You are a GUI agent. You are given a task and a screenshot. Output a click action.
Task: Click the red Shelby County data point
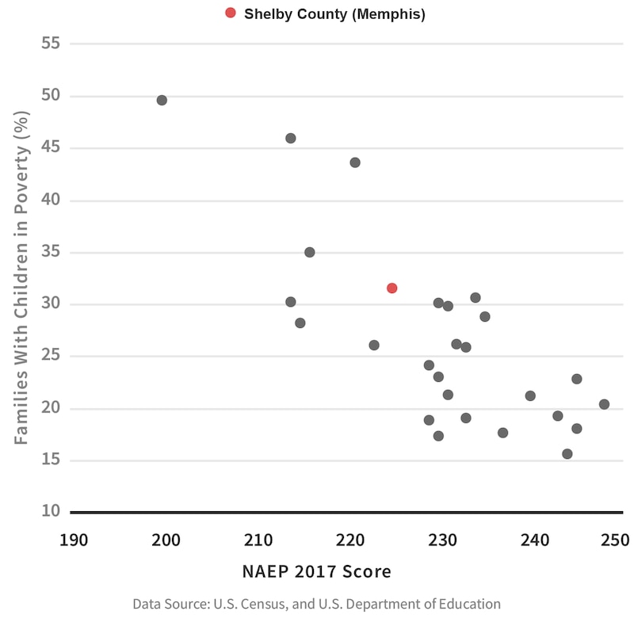391,288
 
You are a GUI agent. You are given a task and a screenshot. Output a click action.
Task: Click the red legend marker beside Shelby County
231,13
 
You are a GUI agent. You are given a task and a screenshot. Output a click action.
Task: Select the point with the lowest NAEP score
162,101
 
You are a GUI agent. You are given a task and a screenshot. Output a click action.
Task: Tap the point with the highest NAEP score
604,404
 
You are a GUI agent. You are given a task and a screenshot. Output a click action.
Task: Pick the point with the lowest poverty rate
567,454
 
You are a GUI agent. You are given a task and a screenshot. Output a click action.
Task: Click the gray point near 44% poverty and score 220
355,162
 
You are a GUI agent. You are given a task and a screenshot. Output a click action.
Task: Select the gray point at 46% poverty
291,139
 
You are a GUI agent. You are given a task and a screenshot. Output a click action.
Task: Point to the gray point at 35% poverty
310,252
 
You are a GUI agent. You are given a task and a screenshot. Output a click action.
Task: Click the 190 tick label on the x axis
74,541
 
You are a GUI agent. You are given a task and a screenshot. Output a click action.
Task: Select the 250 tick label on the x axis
614,541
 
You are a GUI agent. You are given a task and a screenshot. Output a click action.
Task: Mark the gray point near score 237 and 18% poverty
502,433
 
